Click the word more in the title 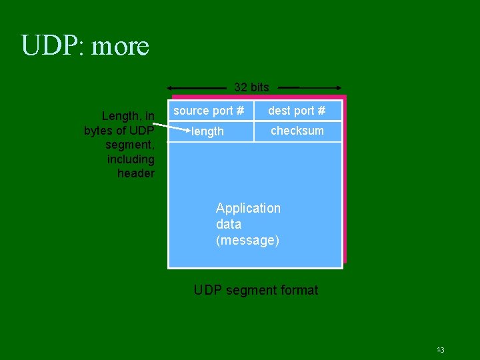coord(120,47)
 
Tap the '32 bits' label coord(251,87)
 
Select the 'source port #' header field coord(209,111)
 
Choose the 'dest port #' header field coord(297,111)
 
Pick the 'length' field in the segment coord(208,131)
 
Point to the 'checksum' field coord(297,131)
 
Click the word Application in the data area coord(248,208)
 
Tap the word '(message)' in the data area coord(247,240)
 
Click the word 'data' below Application coord(229,224)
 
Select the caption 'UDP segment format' coord(255,290)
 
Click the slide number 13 coord(440,349)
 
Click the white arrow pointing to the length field coord(175,125)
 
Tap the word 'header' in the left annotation coord(135,173)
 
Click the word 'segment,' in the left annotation coord(130,145)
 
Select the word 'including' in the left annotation coord(131,159)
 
